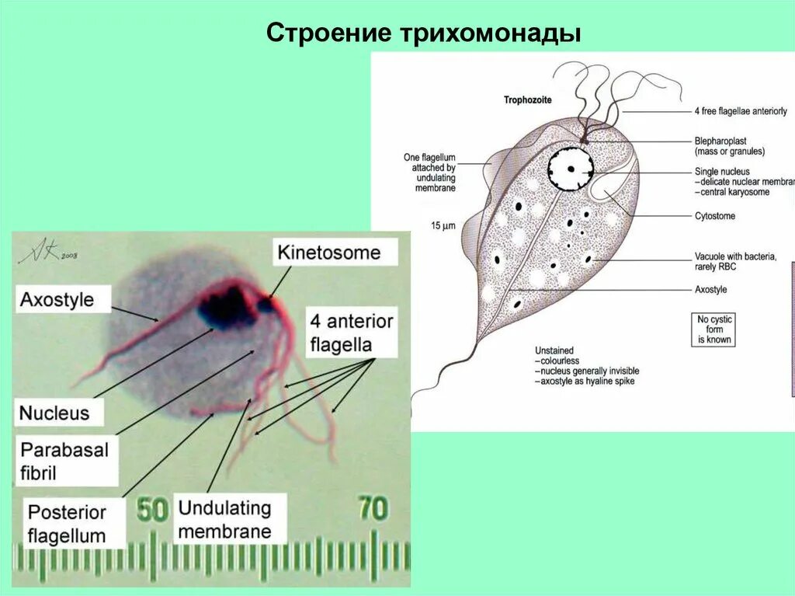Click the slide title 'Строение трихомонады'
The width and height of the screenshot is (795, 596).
point(424,33)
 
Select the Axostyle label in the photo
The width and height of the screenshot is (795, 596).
point(57,300)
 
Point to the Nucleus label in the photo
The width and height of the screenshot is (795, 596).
point(54,411)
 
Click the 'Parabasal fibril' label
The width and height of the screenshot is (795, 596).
point(65,460)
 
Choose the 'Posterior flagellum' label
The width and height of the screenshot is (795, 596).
point(67,524)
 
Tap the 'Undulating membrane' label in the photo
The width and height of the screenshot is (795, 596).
point(225,520)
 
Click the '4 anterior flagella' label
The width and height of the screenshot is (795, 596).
point(351,333)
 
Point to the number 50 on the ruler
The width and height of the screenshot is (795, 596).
point(154,509)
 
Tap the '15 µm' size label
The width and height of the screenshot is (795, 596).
point(443,225)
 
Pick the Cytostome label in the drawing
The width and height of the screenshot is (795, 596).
point(714,216)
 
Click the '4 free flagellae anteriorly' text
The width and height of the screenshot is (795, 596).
point(741,111)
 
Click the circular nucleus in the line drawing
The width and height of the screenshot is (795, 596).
point(571,168)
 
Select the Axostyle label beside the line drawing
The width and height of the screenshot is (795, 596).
point(710,290)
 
